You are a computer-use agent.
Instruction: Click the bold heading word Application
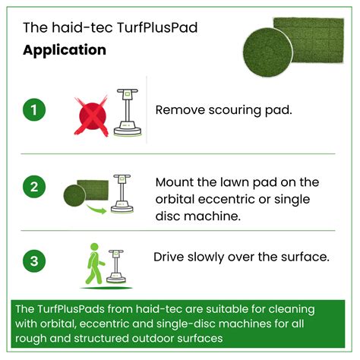tap(65, 51)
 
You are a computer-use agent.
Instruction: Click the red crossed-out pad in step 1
tap(90, 115)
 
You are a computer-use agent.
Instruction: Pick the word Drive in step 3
tap(170, 257)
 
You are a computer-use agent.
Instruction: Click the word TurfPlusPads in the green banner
tap(71, 310)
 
